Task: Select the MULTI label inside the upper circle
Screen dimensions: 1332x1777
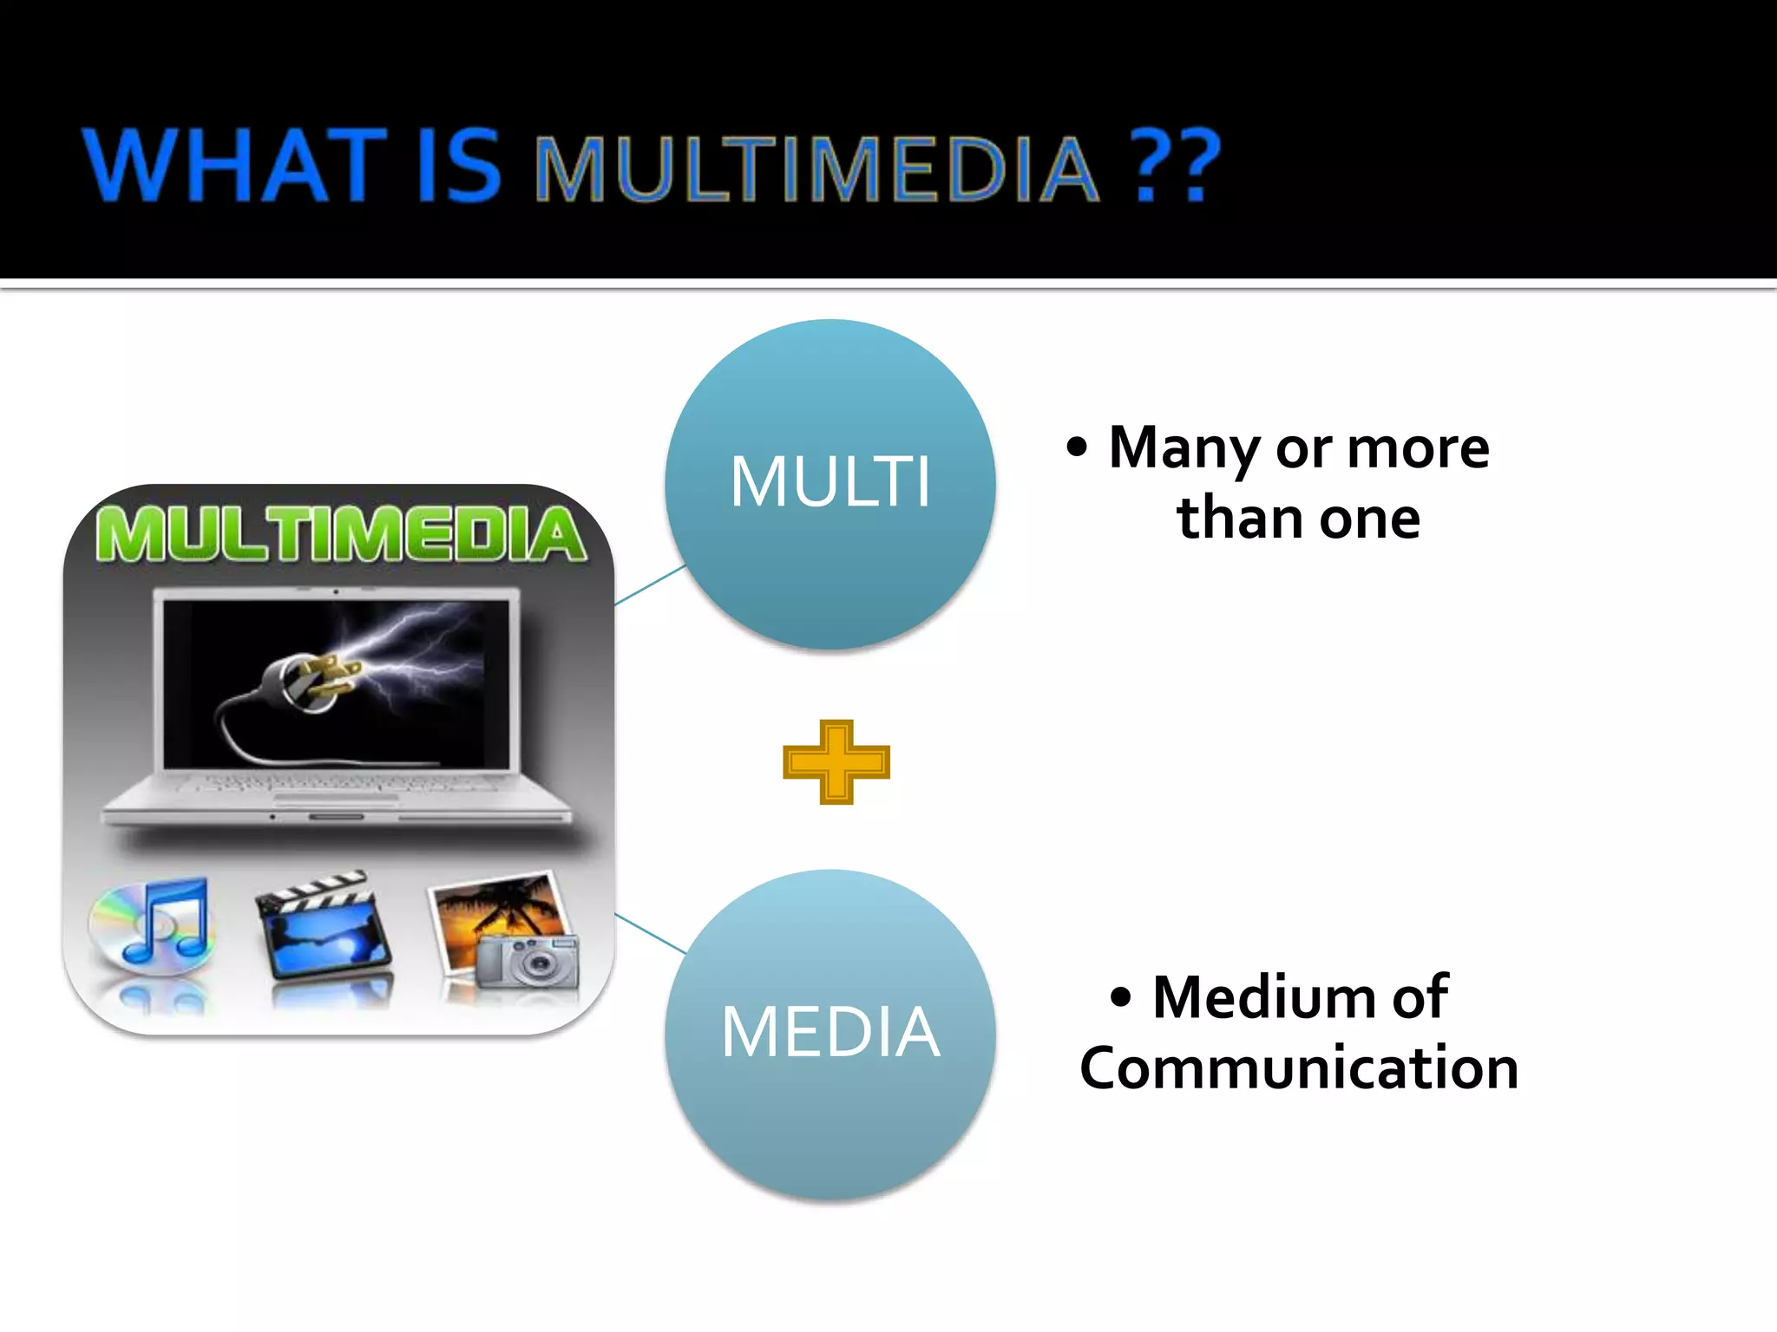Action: (830, 482)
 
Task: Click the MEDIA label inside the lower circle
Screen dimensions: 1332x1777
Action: (830, 1032)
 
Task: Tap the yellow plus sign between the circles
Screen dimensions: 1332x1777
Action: (836, 762)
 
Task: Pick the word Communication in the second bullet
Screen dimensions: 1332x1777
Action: (1299, 1068)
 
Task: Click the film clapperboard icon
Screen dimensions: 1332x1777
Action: (324, 926)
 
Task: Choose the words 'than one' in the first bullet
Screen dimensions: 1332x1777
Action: (1298, 519)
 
